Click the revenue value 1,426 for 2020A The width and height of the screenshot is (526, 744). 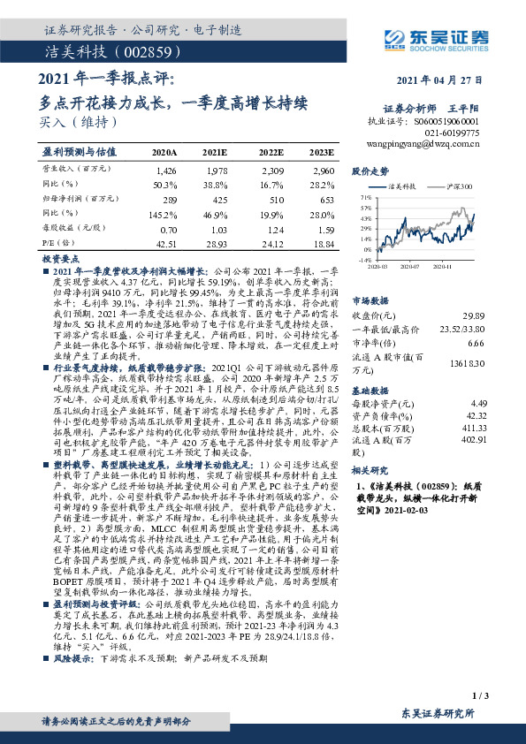click(165, 169)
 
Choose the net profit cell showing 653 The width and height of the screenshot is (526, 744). click(324, 199)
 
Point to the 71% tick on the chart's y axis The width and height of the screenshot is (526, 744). click(366, 199)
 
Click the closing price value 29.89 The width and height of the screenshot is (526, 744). click(475, 315)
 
